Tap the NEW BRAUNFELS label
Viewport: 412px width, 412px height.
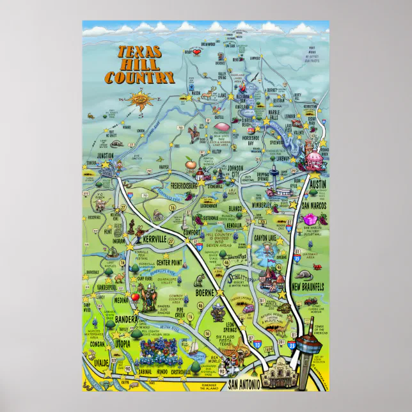(x=308, y=285)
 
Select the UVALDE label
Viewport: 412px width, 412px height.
(x=93, y=363)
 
